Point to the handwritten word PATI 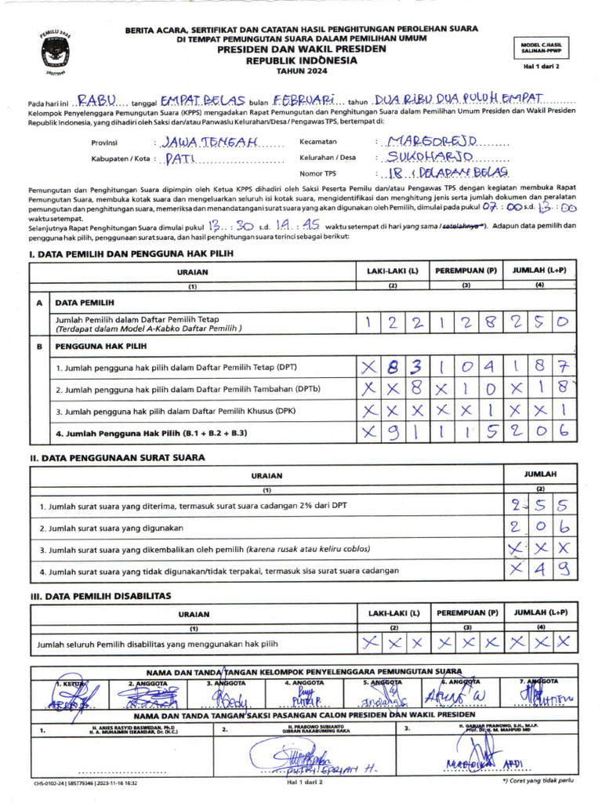pos(180,158)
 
